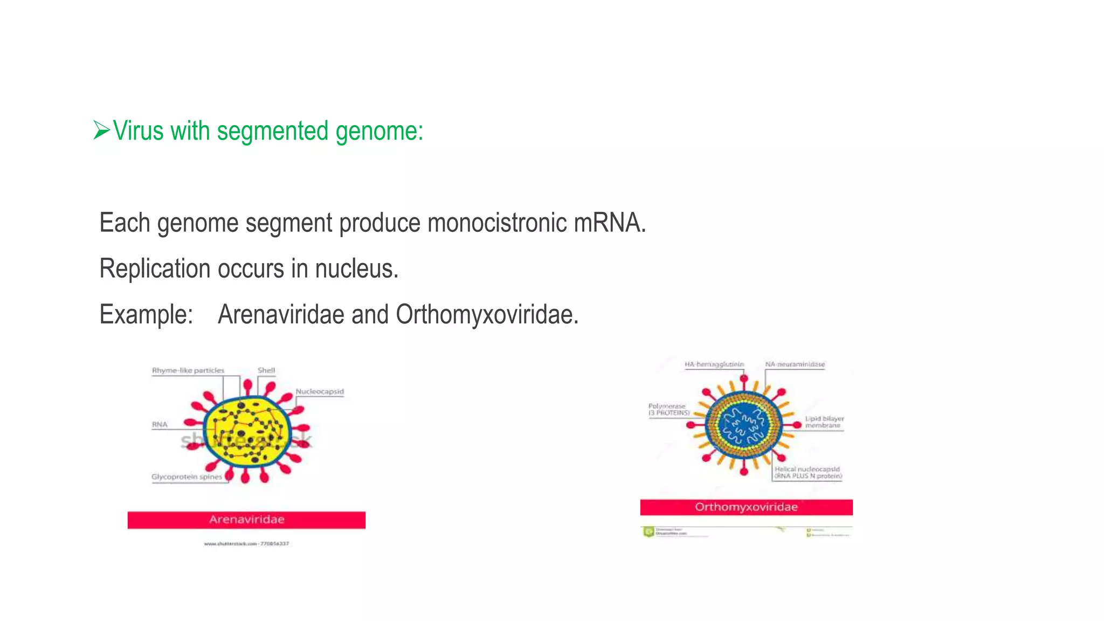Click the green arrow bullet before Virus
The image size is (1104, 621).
(x=101, y=130)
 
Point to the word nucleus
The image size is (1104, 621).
(x=356, y=268)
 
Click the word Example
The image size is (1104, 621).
(x=146, y=314)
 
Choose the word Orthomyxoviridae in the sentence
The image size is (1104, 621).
(x=487, y=314)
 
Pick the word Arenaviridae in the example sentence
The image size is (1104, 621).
(x=281, y=314)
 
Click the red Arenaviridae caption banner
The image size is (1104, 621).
(x=246, y=520)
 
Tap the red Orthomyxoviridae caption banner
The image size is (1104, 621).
(x=746, y=507)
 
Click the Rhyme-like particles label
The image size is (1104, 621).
(x=188, y=370)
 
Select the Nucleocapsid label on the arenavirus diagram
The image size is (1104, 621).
(x=319, y=391)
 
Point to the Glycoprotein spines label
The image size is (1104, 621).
(x=187, y=477)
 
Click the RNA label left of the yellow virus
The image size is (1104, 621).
(x=160, y=424)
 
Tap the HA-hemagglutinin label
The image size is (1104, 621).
(x=714, y=364)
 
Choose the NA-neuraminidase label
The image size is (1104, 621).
(x=795, y=364)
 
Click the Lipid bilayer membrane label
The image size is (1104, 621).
(x=824, y=422)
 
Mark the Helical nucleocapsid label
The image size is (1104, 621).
(x=808, y=472)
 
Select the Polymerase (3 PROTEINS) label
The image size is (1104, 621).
(x=668, y=409)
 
